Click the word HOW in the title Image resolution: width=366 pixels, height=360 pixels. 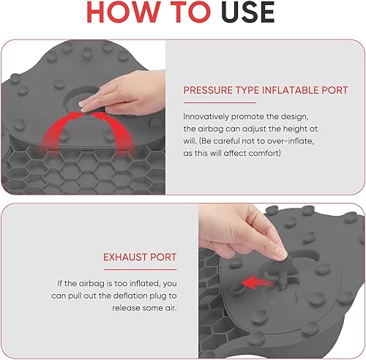coord(123,12)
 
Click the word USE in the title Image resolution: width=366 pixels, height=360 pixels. coord(248,12)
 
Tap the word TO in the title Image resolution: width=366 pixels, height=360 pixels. coord(190,12)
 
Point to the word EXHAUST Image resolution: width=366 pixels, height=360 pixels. coord(124,257)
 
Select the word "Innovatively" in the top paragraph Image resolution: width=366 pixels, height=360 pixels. coord(206,117)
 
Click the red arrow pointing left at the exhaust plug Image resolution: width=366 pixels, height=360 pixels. coord(258,282)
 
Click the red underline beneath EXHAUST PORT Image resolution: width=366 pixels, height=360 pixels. coord(140,269)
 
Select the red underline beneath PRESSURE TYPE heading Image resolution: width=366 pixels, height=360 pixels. coord(220,102)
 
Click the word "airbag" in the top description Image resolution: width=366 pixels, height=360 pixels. coord(211,129)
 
